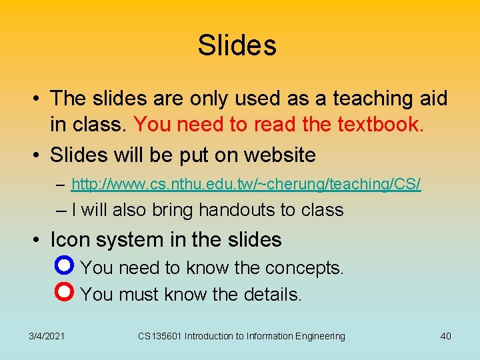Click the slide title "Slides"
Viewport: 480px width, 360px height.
coord(237,46)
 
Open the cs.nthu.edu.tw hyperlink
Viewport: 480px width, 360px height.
coord(245,184)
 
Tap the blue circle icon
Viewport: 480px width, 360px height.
coord(65,267)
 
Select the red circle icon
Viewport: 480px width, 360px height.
coord(65,293)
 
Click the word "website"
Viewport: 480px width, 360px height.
coord(280,155)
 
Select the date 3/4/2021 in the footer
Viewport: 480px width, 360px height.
coord(47,336)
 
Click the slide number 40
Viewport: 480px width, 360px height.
coord(445,336)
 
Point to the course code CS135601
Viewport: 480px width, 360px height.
coord(160,336)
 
